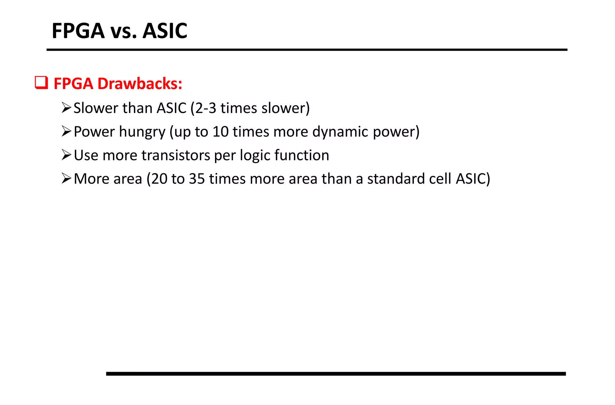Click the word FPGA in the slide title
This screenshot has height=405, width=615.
pos(78,31)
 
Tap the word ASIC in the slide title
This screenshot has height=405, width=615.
pos(165,31)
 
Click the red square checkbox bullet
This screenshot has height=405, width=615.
pos(41,83)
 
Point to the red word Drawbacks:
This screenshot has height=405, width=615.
pos(140,84)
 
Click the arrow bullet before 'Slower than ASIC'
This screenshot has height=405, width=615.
pos(66,108)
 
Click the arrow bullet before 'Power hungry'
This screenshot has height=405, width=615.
pos(66,131)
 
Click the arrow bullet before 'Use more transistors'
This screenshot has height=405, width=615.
pos(66,155)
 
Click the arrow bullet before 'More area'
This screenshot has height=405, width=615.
pos(66,178)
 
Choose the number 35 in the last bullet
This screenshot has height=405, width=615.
pos(197,179)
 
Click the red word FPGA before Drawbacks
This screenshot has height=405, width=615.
pos(73,84)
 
